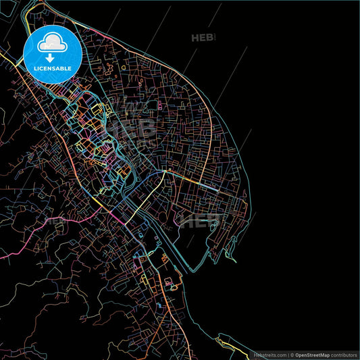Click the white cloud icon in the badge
(x=52, y=44)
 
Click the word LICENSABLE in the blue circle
(x=53, y=68)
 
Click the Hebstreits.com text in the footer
(x=268, y=355)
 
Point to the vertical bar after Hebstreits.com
(x=288, y=355)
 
